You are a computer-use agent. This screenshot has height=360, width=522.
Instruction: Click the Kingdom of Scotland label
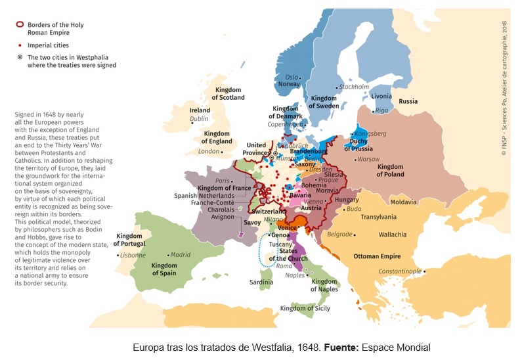[229, 93]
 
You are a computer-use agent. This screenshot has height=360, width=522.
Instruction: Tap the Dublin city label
[199, 120]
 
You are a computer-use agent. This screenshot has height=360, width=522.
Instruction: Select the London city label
[209, 151]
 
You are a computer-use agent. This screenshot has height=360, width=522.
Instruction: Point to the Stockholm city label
[354, 87]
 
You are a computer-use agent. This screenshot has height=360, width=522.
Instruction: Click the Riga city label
[381, 110]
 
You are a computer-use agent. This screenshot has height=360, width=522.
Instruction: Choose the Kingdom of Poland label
[390, 171]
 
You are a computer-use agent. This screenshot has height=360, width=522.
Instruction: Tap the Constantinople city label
[399, 271]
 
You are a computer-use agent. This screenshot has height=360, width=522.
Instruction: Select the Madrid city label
[180, 254]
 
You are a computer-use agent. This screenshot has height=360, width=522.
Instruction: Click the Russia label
[408, 101]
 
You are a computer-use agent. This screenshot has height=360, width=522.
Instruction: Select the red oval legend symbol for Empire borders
[20, 26]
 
